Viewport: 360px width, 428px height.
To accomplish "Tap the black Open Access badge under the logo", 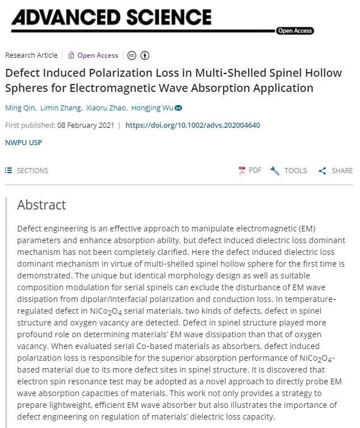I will [x=294, y=31].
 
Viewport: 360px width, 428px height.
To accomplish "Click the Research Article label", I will [x=31, y=55].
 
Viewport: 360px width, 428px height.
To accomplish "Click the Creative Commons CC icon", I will [x=132, y=55].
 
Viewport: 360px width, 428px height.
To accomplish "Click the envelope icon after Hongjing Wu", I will [x=178, y=108].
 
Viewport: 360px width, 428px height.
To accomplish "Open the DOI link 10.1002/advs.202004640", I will [x=193, y=125].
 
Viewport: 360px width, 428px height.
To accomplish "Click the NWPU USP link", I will [x=24, y=142].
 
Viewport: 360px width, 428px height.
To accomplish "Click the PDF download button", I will [x=250, y=170].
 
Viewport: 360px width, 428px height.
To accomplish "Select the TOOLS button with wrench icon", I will [x=288, y=170].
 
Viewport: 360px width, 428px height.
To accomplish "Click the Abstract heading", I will [x=41, y=205].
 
